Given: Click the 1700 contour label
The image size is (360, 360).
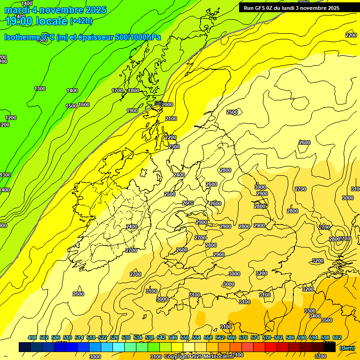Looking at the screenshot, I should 117,90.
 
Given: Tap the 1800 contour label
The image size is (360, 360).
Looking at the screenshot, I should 134,90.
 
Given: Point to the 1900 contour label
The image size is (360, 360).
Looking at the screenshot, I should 132,111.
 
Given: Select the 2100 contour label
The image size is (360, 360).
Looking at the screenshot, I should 171,119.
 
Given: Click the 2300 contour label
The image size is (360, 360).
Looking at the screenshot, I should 174,147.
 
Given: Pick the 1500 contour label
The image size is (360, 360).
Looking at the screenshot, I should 71,106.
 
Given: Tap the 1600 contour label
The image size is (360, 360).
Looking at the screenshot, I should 84,105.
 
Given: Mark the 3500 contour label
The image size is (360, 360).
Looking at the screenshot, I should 327,320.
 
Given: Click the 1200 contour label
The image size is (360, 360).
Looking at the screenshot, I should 11,118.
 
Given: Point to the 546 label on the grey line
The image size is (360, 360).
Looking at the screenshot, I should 159,103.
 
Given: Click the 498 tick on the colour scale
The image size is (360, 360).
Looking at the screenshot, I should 32,337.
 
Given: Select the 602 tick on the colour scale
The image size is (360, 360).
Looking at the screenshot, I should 337,337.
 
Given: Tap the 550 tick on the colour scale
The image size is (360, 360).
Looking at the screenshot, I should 185,337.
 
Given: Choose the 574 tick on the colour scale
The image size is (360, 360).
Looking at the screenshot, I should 255,337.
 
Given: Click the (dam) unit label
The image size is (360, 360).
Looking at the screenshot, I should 347,347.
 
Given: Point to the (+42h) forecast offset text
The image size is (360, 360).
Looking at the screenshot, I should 81,21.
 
